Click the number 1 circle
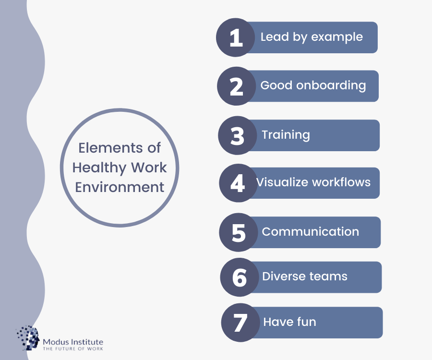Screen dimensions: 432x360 (235, 37)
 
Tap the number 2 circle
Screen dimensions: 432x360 (236, 86)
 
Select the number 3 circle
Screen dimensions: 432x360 (238, 135)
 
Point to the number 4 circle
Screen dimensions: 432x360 (239, 183)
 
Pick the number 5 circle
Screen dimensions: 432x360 (239, 232)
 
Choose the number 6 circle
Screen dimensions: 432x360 (240, 277)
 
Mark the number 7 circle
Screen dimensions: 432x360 (240, 323)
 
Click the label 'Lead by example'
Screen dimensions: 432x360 (312, 37)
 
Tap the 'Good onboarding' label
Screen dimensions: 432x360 (313, 85)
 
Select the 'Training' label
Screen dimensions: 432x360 (286, 135)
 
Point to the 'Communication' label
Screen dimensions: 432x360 (311, 232)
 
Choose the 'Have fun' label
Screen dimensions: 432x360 (289, 322)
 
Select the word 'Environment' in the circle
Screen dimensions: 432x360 (120, 187)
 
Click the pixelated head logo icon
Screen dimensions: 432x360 (27, 338)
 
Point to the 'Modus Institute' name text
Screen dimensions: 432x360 (73, 342)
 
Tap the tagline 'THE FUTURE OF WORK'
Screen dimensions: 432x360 (73, 348)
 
